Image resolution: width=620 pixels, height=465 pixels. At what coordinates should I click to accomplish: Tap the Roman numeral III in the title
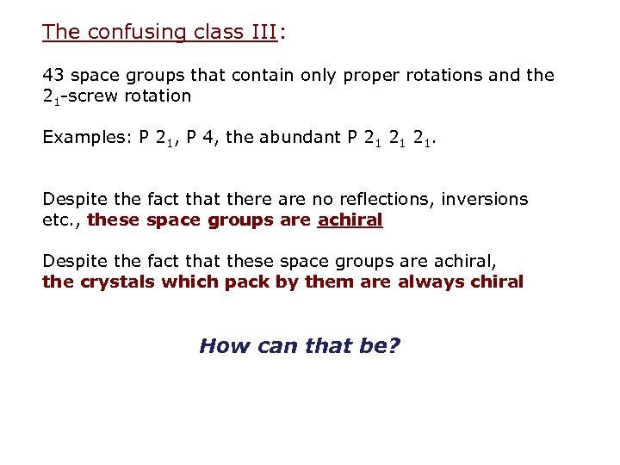pyautogui.click(x=257, y=33)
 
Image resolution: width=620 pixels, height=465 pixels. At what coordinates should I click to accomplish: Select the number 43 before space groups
pyautogui.click(x=53, y=75)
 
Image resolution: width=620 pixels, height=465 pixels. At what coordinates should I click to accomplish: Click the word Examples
pyautogui.click(x=86, y=137)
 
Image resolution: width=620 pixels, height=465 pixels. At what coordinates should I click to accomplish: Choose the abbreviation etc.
pyautogui.click(x=60, y=220)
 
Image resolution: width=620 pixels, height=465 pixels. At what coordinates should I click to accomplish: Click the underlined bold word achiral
pyautogui.click(x=350, y=220)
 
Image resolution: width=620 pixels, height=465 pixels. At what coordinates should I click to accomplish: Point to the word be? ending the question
pyautogui.click(x=379, y=346)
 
